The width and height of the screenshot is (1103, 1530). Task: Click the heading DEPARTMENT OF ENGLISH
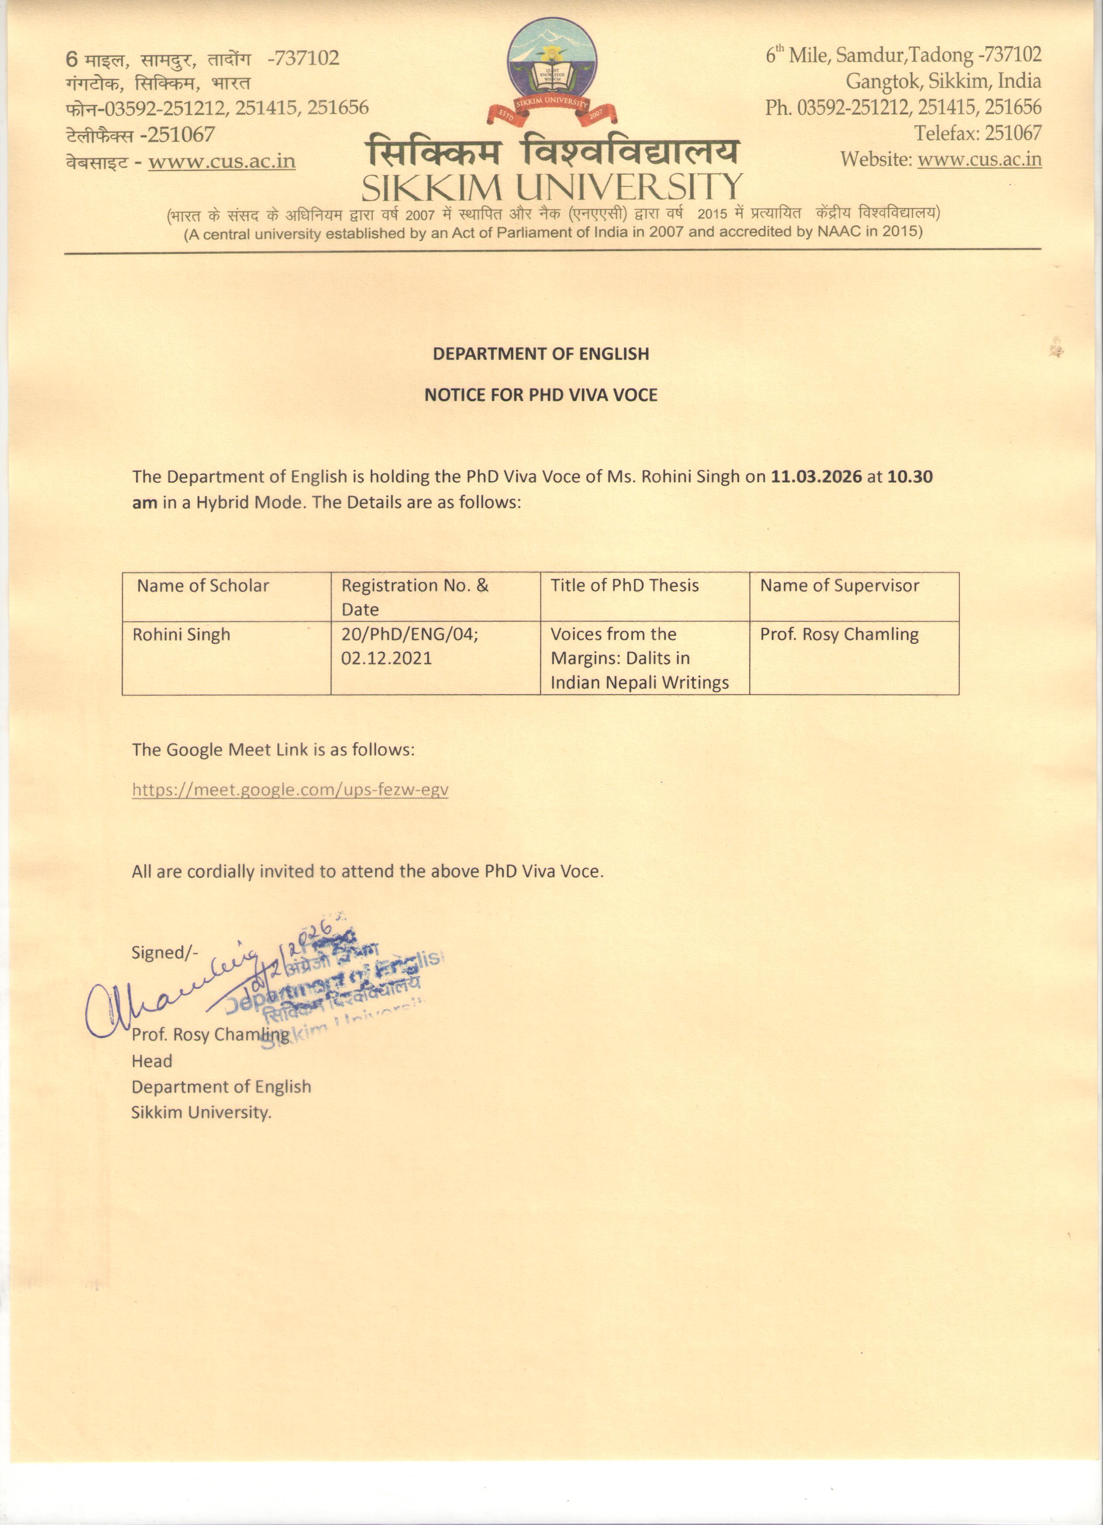point(540,353)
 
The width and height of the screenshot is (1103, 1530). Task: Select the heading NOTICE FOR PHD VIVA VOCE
point(540,395)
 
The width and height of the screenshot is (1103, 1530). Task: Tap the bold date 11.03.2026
point(816,477)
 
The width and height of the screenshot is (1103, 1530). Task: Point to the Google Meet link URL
point(290,789)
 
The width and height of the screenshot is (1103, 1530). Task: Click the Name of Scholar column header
point(203,585)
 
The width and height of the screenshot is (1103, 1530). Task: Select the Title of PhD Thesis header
point(625,585)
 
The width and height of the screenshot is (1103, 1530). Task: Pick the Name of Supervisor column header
point(839,585)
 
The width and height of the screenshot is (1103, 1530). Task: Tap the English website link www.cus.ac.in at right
point(979,160)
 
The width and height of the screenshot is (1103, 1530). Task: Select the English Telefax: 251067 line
point(977,133)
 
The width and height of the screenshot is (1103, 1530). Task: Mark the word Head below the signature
point(152,1061)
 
